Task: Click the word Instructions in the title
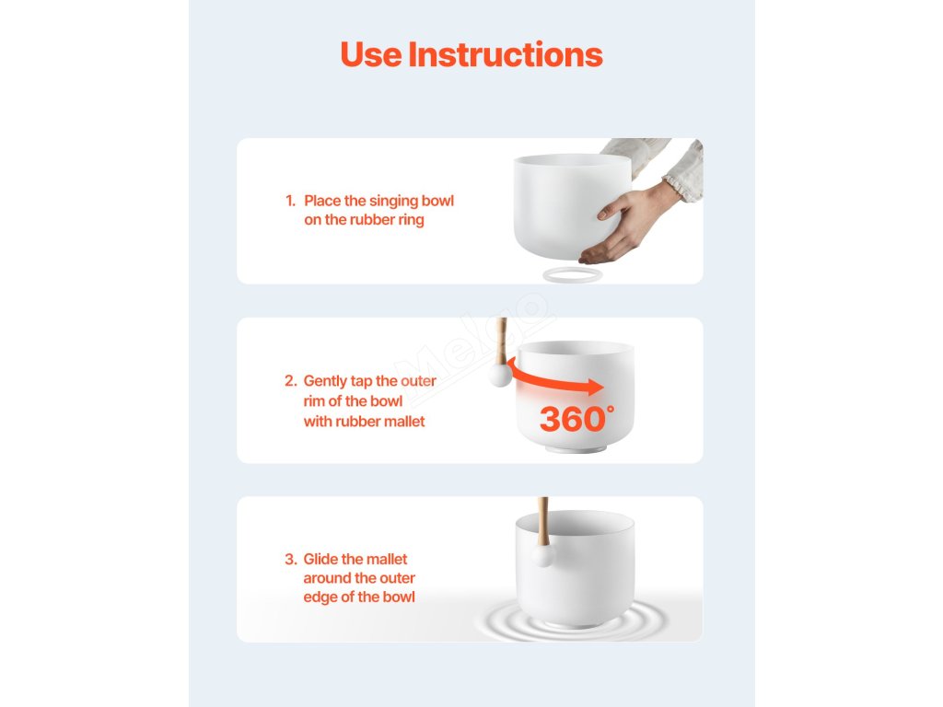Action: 506,54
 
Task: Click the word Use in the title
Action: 371,54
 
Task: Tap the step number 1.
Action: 290,201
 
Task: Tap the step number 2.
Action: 291,380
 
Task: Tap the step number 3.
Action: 291,559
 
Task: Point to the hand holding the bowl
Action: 628,223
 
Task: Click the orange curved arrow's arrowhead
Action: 596,387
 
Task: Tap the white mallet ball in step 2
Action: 500,376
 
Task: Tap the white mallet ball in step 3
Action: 541,555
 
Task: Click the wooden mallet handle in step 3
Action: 543,521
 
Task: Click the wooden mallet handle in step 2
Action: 501,341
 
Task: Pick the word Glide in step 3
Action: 320,559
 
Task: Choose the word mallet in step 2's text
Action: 404,422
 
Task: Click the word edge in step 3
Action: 320,597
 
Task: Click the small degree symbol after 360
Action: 611,410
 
